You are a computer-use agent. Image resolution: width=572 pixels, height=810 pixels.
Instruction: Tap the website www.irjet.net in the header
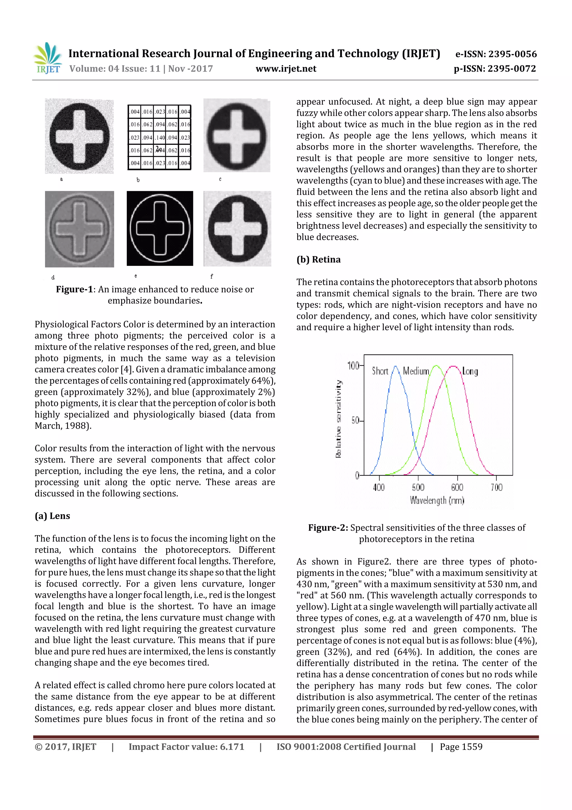(x=286, y=69)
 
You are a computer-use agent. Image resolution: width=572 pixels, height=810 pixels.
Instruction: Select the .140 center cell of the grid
(x=160, y=138)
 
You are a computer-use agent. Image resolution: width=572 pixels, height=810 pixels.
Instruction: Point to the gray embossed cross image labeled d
(x=79, y=229)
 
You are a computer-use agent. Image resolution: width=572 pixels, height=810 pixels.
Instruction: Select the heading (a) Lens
(x=52, y=516)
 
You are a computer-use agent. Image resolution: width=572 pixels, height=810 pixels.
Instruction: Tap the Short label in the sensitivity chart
(x=380, y=371)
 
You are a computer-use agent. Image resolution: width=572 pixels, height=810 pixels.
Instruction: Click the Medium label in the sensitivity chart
(x=416, y=371)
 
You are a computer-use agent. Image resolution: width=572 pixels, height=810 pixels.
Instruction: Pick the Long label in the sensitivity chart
(x=470, y=371)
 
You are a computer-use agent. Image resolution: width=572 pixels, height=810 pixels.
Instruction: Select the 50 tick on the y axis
(x=355, y=421)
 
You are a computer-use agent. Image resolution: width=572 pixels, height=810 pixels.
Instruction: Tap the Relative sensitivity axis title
(x=338, y=419)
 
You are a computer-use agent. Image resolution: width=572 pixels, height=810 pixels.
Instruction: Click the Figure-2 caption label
(x=328, y=528)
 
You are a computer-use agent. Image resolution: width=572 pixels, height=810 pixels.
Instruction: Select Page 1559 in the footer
(x=461, y=747)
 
